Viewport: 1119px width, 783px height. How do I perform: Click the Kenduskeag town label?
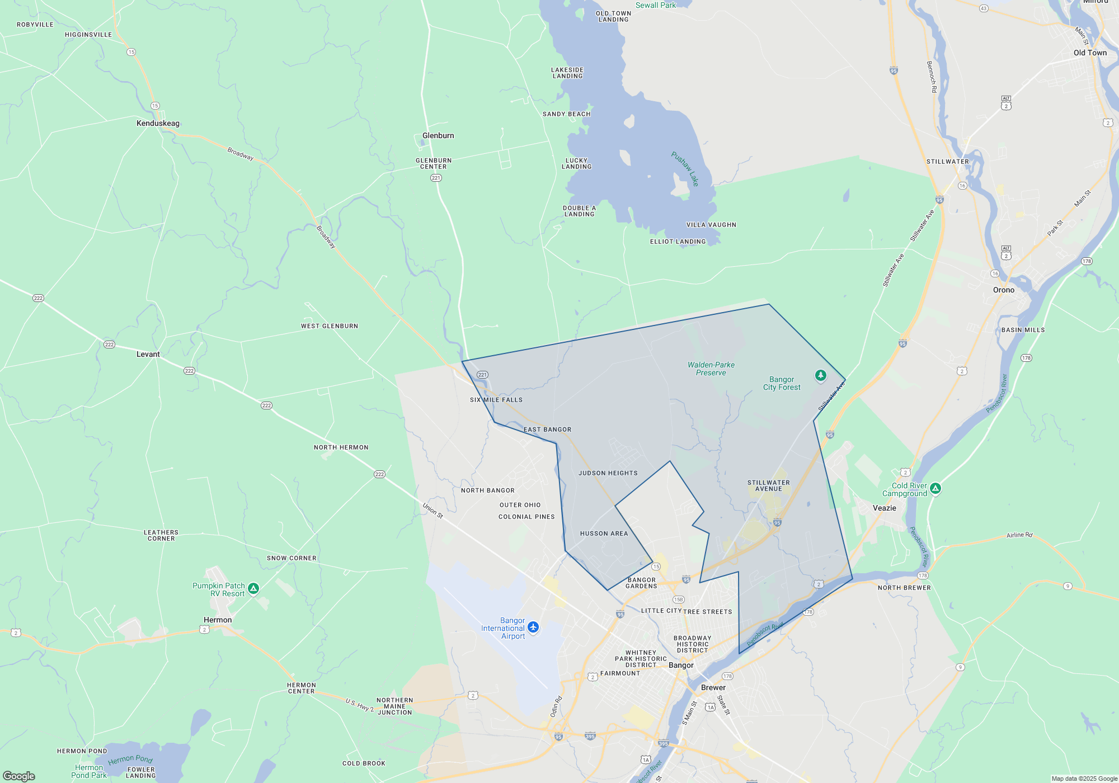point(158,124)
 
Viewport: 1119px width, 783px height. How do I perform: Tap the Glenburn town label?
point(438,136)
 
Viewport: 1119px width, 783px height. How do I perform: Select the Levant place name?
point(148,355)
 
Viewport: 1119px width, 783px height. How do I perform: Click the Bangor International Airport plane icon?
point(533,628)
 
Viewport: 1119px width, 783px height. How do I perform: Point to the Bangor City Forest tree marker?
point(820,375)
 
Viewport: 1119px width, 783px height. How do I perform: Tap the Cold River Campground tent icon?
point(935,488)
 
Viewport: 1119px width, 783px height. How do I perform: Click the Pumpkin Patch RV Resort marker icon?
point(253,588)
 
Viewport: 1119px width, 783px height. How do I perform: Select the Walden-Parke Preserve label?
point(711,369)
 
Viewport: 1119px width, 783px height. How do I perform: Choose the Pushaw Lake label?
point(685,168)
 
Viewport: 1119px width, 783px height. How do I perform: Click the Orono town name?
point(1003,290)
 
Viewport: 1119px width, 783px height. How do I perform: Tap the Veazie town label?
point(884,508)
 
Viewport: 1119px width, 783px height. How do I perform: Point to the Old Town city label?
point(1090,53)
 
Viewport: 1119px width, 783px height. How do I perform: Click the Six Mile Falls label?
point(496,400)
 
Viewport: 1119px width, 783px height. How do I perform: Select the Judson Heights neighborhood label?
point(608,473)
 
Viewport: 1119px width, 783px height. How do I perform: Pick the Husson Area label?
point(604,534)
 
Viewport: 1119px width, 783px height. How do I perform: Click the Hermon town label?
point(218,620)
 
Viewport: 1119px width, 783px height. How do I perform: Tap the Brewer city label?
point(713,688)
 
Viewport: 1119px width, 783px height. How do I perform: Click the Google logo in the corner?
point(19,776)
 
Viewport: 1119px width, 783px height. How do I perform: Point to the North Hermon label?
point(341,447)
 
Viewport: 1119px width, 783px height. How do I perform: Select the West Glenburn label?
point(329,326)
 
